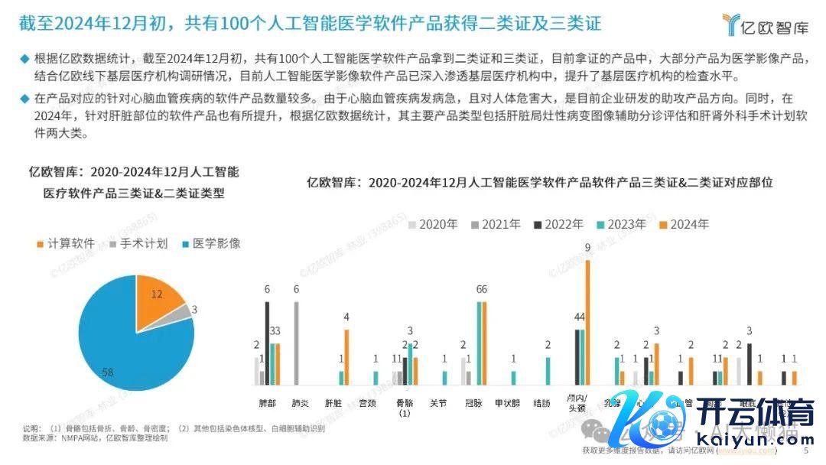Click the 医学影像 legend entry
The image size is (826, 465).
(x=210, y=243)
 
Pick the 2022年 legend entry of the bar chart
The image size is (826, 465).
(x=561, y=224)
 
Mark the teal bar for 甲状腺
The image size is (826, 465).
(x=513, y=378)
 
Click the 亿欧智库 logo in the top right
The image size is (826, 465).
(x=766, y=24)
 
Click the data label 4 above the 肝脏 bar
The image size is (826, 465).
(x=346, y=317)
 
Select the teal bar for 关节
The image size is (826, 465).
(x=445, y=378)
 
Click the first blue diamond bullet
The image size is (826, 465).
(x=24, y=59)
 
